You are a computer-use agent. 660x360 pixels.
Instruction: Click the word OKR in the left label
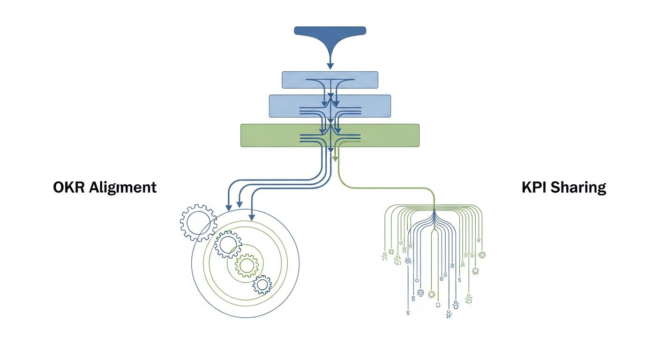click(69, 187)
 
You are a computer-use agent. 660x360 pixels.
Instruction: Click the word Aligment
click(123, 188)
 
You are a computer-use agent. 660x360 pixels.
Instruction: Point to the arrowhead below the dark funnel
click(330, 66)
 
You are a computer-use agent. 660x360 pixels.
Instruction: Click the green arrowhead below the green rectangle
click(335, 159)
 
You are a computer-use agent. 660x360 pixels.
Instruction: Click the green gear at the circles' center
click(247, 265)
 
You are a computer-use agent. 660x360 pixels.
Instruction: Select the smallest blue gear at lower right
click(262, 285)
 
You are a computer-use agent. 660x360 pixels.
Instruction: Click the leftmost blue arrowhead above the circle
click(228, 206)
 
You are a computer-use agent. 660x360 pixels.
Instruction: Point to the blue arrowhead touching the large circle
click(252, 217)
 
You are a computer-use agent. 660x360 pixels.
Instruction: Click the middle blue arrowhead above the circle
click(240, 204)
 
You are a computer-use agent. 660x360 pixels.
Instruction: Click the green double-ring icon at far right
click(482, 255)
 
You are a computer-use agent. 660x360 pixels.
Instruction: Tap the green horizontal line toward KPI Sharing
click(386, 188)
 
